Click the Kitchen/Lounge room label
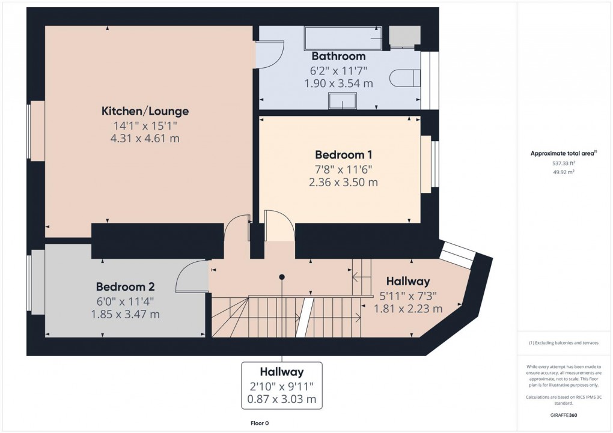point(145,111)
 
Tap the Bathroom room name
point(338,56)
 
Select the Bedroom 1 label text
point(343,155)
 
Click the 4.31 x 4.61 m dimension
point(145,139)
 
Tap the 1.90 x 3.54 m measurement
point(338,83)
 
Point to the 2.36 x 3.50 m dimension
point(343,182)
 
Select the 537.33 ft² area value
point(564,163)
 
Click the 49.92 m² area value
point(564,172)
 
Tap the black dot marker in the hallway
point(281,277)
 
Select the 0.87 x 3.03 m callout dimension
point(282,399)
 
